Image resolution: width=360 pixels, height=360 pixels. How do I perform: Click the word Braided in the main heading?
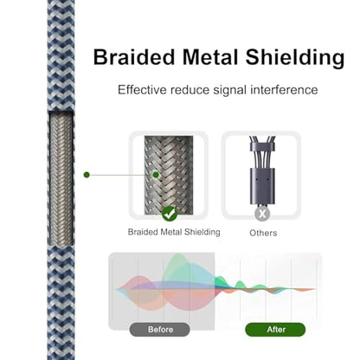[x=134, y=57]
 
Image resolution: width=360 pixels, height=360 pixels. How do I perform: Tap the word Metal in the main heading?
[x=210, y=57]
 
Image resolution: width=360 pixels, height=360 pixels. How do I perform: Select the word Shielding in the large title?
[x=295, y=58]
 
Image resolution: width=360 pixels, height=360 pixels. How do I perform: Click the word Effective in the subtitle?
[x=142, y=90]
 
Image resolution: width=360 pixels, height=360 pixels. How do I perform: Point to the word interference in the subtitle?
[x=284, y=90]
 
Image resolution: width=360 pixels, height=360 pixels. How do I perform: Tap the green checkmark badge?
[x=170, y=214]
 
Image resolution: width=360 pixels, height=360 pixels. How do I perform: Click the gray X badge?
[x=262, y=214]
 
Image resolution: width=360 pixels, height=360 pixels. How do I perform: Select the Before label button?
[x=160, y=330]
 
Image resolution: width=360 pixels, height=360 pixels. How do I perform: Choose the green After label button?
[x=275, y=330]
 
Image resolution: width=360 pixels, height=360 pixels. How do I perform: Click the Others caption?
[x=263, y=233]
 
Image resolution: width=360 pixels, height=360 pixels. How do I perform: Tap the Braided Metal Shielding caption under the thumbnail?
[x=174, y=232]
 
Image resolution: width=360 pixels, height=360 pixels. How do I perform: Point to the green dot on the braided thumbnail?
[x=156, y=175]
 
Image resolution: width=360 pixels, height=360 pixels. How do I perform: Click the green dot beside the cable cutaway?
[x=87, y=175]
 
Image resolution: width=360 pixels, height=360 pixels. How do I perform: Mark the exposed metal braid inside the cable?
[x=61, y=179]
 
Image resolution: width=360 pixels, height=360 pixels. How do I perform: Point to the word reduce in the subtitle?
[x=190, y=90]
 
